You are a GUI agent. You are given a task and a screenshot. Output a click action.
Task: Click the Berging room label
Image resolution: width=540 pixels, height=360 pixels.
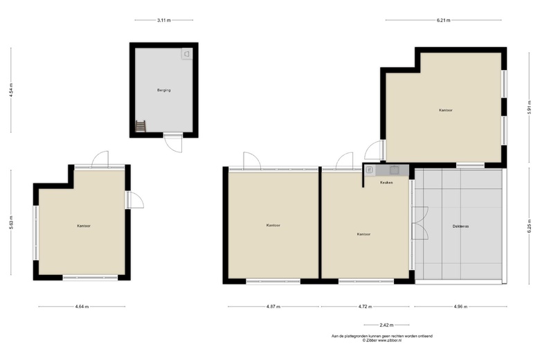[164, 90]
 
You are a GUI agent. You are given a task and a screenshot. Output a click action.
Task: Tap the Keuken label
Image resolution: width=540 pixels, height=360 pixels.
[386, 182]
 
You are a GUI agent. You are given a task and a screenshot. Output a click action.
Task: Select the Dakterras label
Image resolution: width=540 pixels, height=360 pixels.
[460, 226]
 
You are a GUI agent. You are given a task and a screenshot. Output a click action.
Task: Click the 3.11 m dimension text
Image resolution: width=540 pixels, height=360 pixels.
[164, 20]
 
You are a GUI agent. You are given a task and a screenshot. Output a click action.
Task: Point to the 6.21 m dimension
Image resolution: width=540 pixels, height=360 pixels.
[444, 20]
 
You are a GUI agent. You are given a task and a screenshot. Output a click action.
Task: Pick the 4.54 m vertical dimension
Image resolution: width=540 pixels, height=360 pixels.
[11, 90]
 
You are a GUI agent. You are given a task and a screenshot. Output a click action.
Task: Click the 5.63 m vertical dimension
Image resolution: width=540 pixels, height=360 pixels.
[11, 222]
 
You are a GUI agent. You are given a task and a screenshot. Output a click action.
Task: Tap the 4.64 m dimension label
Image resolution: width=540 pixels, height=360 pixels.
[82, 307]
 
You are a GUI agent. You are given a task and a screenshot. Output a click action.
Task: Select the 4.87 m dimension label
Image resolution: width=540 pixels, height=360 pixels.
[273, 307]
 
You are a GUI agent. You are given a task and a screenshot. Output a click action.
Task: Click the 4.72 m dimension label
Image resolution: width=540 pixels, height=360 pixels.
[365, 307]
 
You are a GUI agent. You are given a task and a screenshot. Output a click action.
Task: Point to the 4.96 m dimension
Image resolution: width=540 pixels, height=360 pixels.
[461, 307]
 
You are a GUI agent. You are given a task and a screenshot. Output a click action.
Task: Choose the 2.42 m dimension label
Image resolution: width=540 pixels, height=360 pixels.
[386, 325]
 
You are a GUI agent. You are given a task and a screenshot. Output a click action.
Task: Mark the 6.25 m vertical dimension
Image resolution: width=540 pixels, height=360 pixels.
[530, 226]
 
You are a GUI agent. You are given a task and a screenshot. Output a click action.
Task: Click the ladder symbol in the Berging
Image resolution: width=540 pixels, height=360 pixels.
[141, 126]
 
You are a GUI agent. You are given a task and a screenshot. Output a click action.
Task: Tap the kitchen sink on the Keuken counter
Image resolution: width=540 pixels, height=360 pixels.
[395, 170]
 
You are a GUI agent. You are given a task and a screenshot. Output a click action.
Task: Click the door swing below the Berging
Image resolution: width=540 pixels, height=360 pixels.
[173, 143]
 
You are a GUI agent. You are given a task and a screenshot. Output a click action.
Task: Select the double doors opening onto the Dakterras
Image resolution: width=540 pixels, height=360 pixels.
[420, 223]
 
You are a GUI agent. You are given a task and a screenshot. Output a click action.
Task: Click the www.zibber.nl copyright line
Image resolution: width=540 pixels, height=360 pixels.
[382, 341]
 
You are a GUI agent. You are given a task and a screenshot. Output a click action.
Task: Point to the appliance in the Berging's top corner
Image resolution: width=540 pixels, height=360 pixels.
[187, 54]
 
